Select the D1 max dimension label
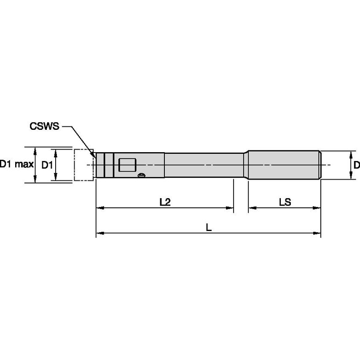(16, 164)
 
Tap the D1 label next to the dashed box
(47, 164)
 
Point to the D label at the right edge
(356, 164)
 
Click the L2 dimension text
(165, 202)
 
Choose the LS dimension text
(285, 202)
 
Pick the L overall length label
(208, 227)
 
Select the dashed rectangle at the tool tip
(83, 165)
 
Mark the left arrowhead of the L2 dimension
(99, 208)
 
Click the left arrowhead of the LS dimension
(250, 208)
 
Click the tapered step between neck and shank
(244, 165)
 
